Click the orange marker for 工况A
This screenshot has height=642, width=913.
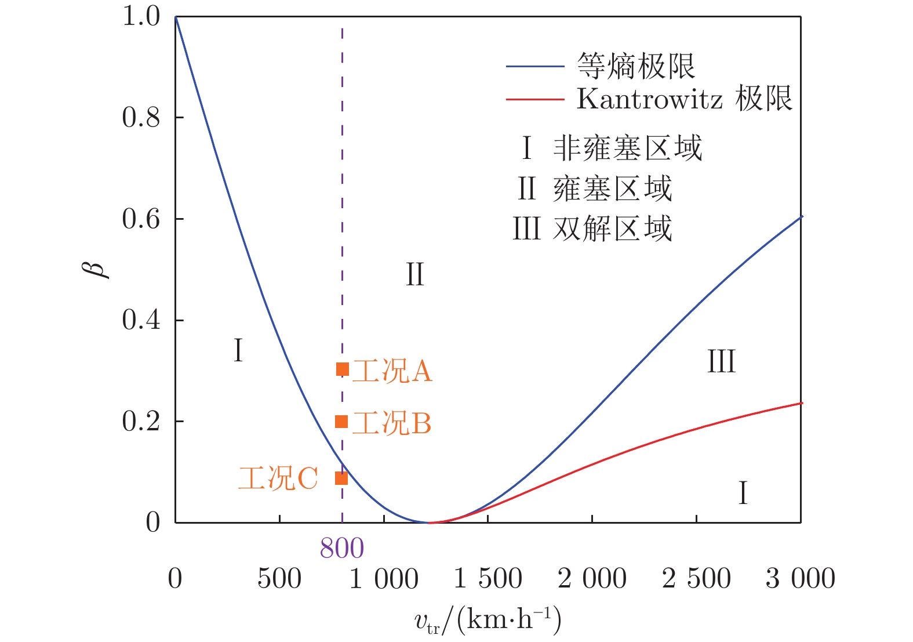(x=342, y=369)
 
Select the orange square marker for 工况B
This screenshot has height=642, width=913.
(x=341, y=422)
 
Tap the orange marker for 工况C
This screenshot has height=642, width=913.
(x=341, y=478)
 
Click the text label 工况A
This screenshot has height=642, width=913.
(x=392, y=371)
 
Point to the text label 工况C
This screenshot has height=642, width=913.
(x=278, y=478)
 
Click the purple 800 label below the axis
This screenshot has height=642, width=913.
(x=342, y=548)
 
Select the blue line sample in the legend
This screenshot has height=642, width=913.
(x=534, y=67)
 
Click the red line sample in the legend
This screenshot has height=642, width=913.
(x=534, y=100)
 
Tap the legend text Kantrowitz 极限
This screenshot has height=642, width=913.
(x=684, y=99)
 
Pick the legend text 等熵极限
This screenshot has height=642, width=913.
(x=636, y=66)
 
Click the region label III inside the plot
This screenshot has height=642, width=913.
(x=721, y=362)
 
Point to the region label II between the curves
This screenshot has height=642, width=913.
(x=415, y=274)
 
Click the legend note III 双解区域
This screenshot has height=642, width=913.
(x=592, y=228)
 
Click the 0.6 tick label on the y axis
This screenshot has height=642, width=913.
(x=141, y=219)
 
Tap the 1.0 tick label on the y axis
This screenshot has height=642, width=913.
(x=141, y=16)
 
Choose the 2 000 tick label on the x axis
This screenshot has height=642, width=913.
(x=592, y=579)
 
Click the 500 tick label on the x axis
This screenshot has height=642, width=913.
(x=279, y=579)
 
